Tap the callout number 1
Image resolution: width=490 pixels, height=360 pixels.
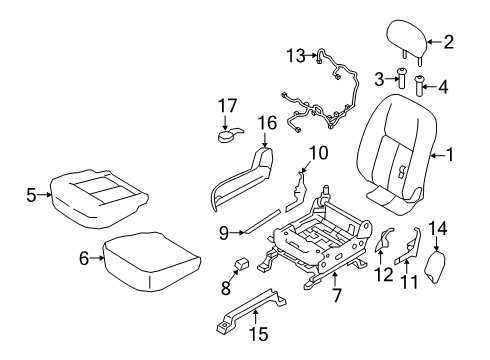(451, 155)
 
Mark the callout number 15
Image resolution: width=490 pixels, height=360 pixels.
(257, 334)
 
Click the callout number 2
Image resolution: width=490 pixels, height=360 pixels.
(449, 42)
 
